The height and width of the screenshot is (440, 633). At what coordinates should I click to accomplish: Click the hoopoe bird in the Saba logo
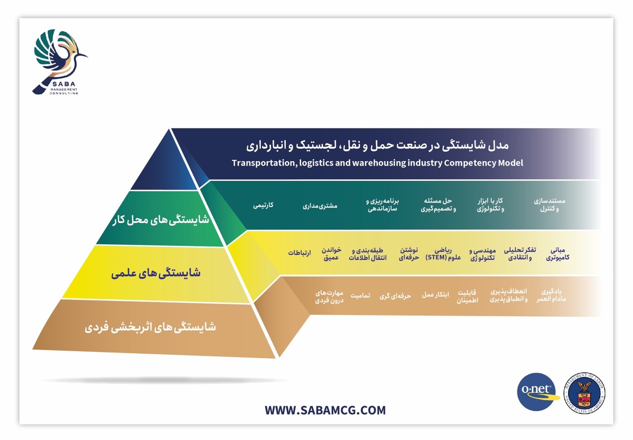click(x=59, y=59)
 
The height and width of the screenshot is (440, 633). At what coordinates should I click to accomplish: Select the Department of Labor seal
click(x=584, y=393)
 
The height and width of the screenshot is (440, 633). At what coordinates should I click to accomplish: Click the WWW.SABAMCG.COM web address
click(x=325, y=410)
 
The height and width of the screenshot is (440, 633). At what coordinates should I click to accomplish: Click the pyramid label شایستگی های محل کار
click(x=160, y=220)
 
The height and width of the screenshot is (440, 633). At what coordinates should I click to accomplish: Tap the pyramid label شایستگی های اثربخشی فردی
click(x=150, y=327)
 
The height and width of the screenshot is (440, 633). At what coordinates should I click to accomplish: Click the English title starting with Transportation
click(x=377, y=163)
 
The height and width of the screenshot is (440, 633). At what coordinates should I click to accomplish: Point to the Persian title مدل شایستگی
click(x=377, y=145)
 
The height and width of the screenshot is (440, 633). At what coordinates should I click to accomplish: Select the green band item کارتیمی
click(x=263, y=205)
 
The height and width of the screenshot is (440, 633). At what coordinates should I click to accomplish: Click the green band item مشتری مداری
click(x=320, y=206)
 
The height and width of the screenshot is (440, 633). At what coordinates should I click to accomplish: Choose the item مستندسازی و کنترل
click(x=549, y=205)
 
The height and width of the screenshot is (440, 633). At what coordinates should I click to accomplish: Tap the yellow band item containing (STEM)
click(x=443, y=254)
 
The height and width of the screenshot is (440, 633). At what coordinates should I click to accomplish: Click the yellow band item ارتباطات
click(x=299, y=253)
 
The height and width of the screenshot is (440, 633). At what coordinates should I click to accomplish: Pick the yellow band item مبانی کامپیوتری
click(x=557, y=254)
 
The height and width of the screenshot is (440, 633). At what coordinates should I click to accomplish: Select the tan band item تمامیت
click(x=360, y=296)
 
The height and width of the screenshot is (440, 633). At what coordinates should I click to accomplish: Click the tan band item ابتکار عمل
click(x=435, y=295)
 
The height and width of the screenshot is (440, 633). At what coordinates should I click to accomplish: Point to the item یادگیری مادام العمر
click(x=551, y=295)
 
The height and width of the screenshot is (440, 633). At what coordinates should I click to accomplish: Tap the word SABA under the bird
click(x=64, y=84)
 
